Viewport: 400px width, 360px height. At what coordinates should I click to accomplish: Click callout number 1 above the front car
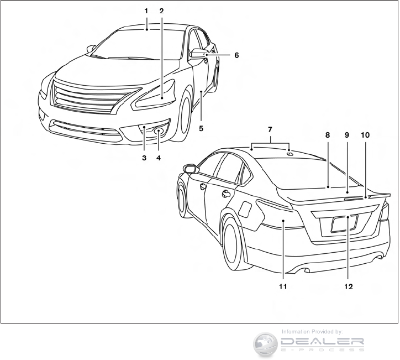click(146, 11)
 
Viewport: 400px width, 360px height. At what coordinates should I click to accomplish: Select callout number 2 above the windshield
click(161, 11)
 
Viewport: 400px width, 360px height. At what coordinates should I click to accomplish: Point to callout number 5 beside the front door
click(201, 128)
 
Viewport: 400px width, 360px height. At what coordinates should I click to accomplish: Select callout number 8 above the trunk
click(328, 134)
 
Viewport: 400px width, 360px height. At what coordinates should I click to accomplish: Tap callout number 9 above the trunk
click(348, 134)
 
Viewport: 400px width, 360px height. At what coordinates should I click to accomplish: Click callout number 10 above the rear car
click(366, 134)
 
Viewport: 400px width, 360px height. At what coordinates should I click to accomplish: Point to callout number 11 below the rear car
click(283, 287)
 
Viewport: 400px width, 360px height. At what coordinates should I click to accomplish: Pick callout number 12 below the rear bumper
click(348, 287)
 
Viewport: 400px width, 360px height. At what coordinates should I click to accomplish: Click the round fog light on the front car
click(159, 131)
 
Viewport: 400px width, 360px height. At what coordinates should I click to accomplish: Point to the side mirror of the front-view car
click(198, 54)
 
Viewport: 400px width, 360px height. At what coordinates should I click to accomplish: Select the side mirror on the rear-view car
click(190, 168)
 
